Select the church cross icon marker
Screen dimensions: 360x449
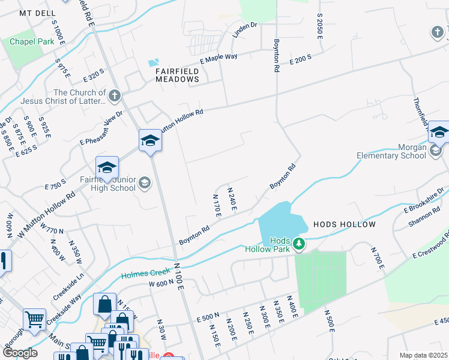(x=115, y=95)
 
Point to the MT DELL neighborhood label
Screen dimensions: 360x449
(x=37, y=13)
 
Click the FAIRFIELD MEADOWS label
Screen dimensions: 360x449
(x=177, y=74)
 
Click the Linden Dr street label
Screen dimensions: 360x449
(x=245, y=30)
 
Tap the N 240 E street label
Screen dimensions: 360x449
(x=232, y=199)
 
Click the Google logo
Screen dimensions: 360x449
(x=20, y=352)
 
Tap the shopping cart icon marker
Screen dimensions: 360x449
(x=35, y=319)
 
